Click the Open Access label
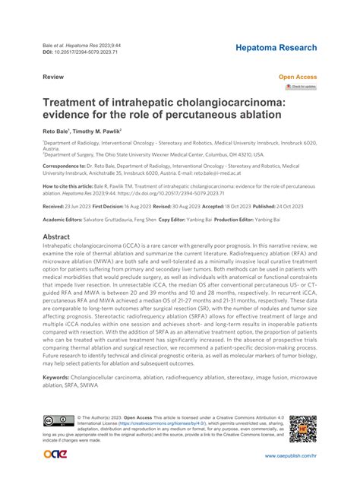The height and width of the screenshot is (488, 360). [x=298, y=78]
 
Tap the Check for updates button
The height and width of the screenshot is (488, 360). [x=301, y=87]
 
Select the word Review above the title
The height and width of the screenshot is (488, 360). [x=52, y=78]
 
